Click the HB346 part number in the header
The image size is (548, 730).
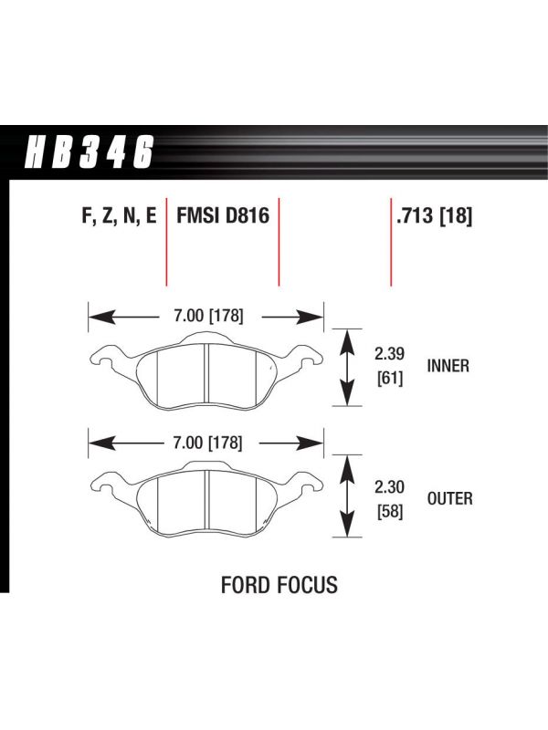click(x=89, y=151)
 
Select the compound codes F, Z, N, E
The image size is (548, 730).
click(x=120, y=216)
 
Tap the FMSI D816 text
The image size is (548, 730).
click(x=223, y=216)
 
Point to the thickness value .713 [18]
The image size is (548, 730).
click(x=434, y=216)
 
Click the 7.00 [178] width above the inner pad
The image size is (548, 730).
click(x=208, y=316)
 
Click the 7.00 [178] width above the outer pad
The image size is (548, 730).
click(x=208, y=443)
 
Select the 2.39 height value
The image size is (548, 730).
click(x=389, y=354)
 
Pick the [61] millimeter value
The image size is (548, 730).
click(x=390, y=379)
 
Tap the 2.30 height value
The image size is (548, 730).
click(x=389, y=487)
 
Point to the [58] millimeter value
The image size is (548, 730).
click(x=390, y=512)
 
